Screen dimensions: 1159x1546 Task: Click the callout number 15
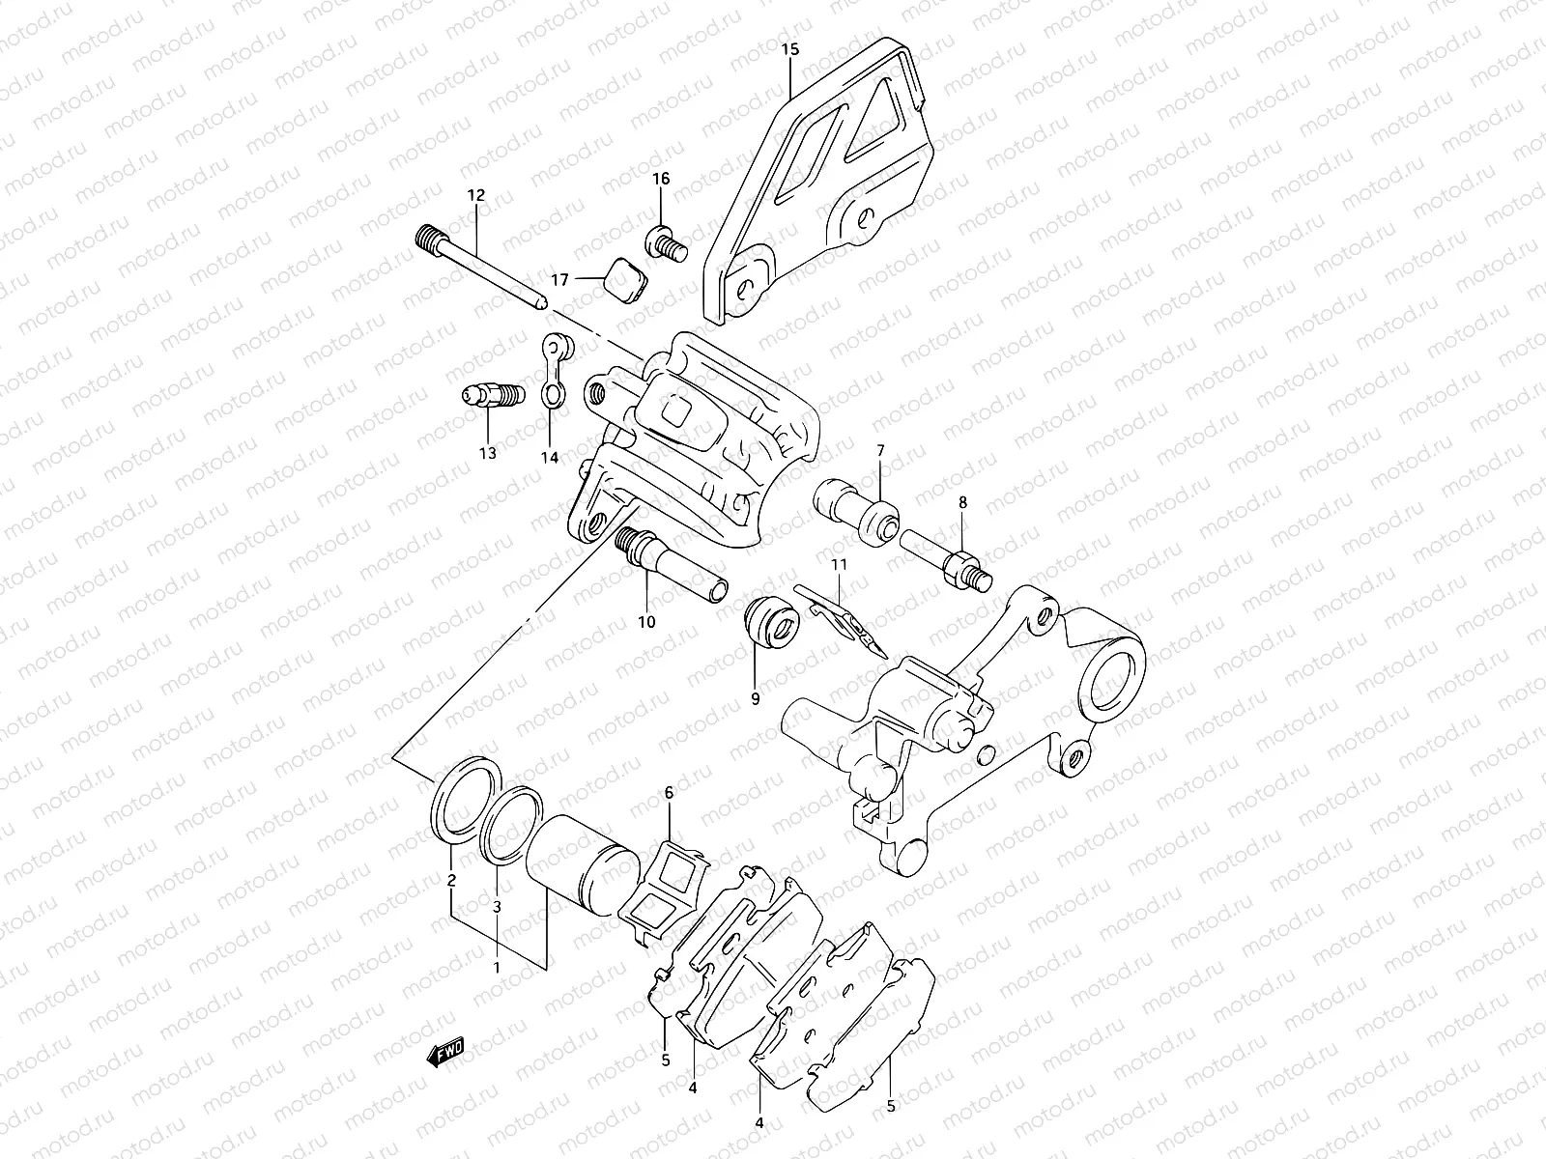click(x=791, y=47)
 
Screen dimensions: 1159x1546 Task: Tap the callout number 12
click(x=475, y=195)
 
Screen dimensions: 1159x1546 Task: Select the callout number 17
click(x=560, y=280)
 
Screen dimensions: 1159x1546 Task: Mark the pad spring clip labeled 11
click(x=841, y=618)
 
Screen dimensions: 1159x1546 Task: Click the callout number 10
click(x=646, y=622)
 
